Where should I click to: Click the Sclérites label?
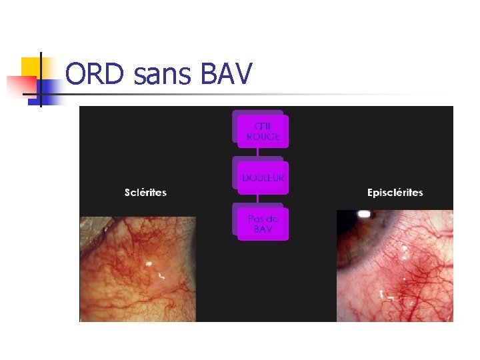[145, 193]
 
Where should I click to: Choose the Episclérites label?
[395, 193]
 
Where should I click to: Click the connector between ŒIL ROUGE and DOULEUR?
[258, 153]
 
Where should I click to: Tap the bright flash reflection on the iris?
[364, 215]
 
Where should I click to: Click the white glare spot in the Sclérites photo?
[149, 264]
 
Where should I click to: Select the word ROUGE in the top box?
[263, 137]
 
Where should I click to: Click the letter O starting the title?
[77, 74]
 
